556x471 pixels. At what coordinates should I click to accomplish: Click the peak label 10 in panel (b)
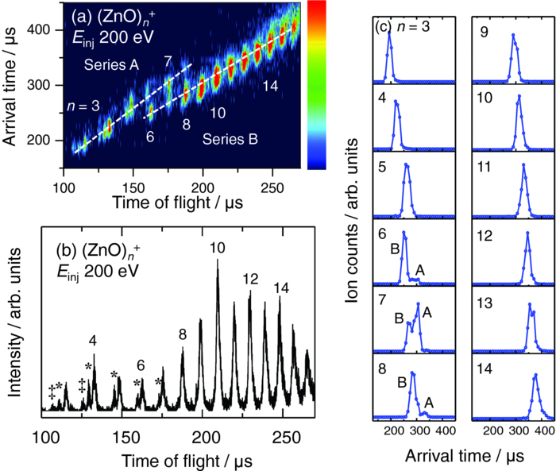pyautogui.click(x=217, y=249)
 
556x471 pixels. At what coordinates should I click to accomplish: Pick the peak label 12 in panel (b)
pyautogui.click(x=251, y=279)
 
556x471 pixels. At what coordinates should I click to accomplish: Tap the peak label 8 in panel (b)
pyautogui.click(x=182, y=334)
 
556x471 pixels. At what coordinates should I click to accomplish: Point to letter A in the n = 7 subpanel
pyautogui.click(x=427, y=312)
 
